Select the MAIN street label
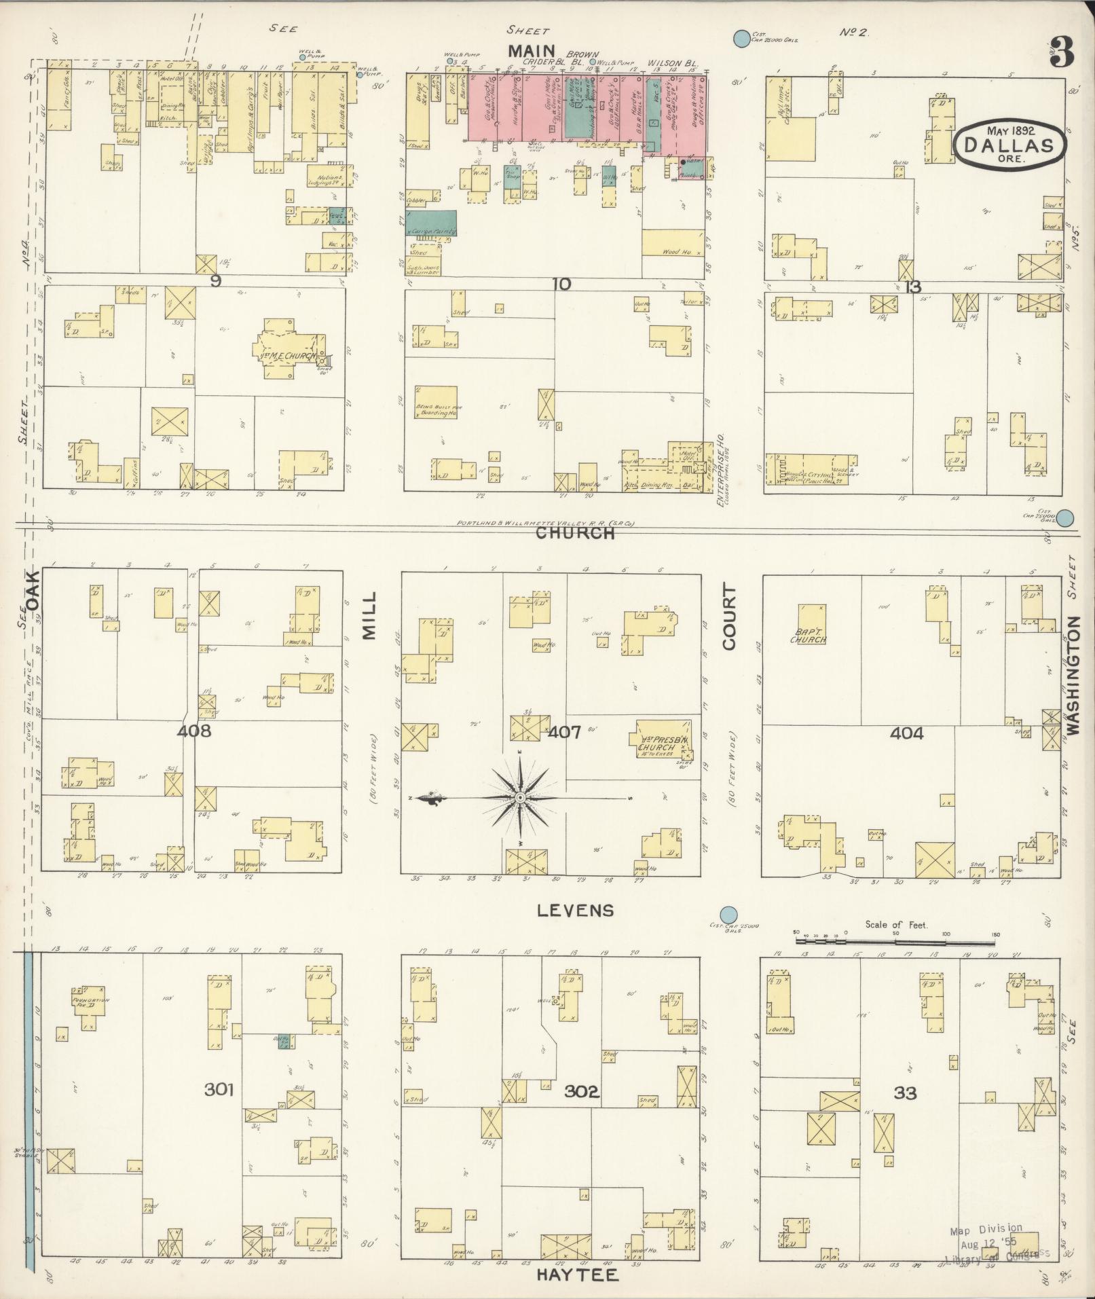pyautogui.click(x=532, y=52)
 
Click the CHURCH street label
pyautogui.click(x=574, y=534)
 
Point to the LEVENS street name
pyautogui.click(x=575, y=911)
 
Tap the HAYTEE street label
pyautogui.click(x=577, y=1275)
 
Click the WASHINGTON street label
pyautogui.click(x=1073, y=675)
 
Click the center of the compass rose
pyautogui.click(x=520, y=797)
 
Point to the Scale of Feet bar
pyautogui.click(x=896, y=941)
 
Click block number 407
pyautogui.click(x=563, y=733)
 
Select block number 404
pyautogui.click(x=907, y=733)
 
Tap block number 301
pyautogui.click(x=219, y=1090)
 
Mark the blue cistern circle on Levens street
pyautogui.click(x=729, y=915)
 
